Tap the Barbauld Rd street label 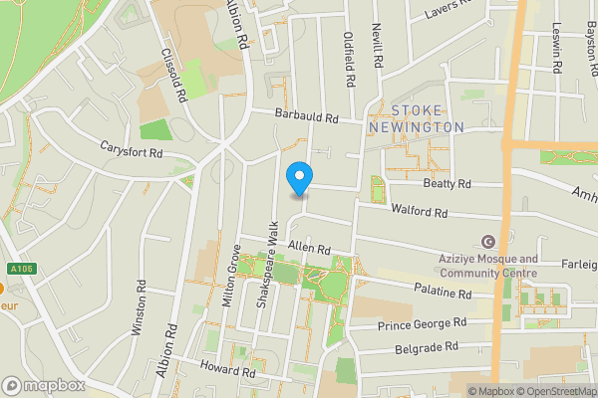[307, 117]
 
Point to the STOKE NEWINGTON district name [416, 118]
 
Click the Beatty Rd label [446, 184]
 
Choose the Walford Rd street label [421, 213]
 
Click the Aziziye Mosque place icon [488, 242]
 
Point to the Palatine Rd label [444, 294]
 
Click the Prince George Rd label [423, 324]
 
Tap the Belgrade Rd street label [425, 346]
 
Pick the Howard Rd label [228, 371]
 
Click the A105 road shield [19, 268]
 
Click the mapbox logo [43, 385]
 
